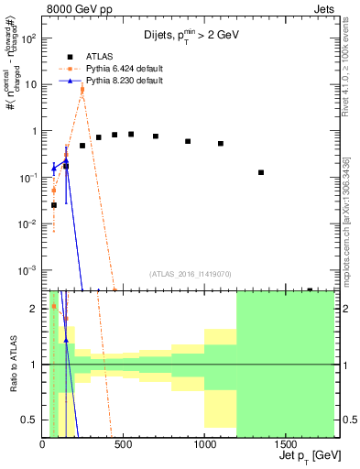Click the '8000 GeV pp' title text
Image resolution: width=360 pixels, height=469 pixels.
coord(79,8)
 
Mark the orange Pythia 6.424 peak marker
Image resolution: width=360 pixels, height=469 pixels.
coord(82,89)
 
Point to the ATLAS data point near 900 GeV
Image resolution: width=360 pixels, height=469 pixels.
coord(188,141)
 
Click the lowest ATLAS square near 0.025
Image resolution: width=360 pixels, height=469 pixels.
coord(54,205)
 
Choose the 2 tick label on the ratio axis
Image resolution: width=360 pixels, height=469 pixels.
coord(35,309)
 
